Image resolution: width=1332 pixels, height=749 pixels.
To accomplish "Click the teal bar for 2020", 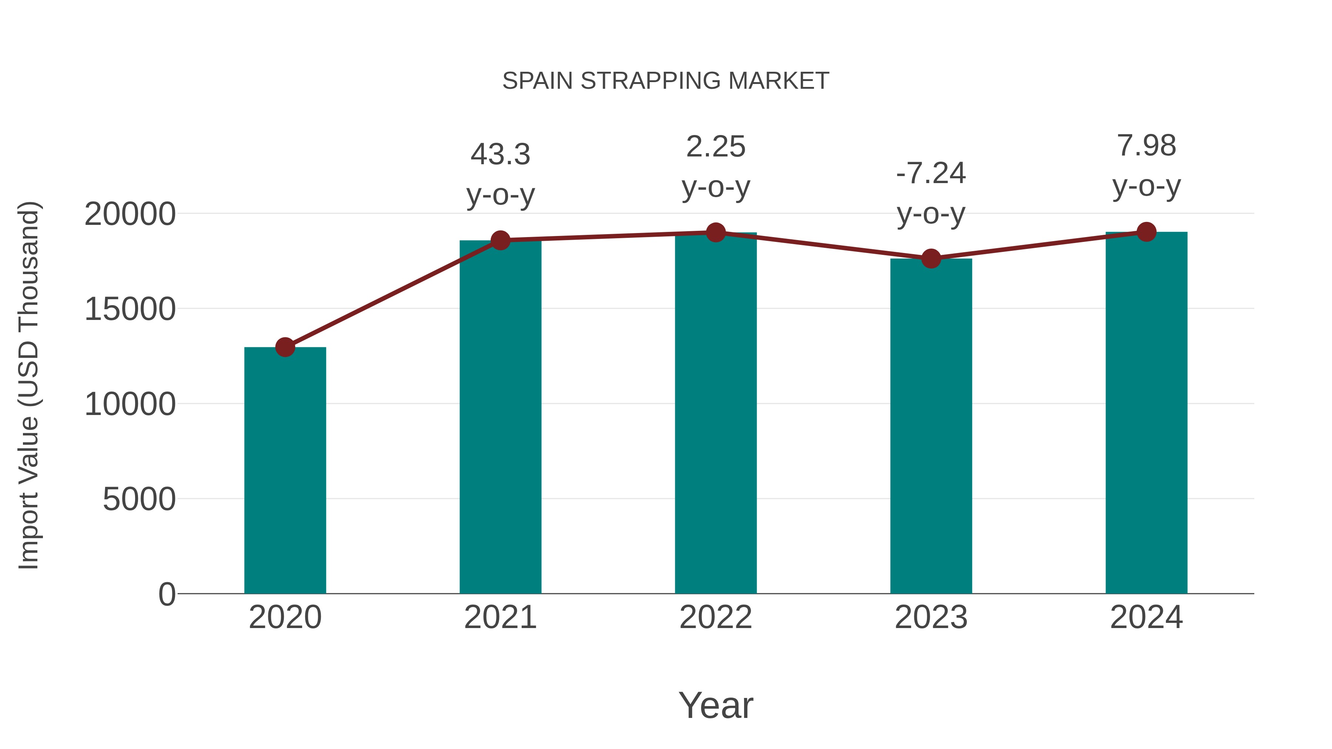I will point(285,470).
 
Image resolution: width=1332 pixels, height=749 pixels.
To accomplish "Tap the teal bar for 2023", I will point(931,426).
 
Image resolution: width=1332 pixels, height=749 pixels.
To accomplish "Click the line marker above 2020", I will point(285,347).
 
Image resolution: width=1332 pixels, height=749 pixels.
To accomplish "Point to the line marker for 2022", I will point(716,233).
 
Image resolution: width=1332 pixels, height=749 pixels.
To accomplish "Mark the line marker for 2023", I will point(931,259).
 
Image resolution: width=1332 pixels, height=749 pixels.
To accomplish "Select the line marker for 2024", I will point(1146,232).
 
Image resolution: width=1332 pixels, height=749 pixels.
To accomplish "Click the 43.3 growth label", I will point(500,155).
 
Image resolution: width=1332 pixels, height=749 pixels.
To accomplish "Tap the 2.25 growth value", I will point(716,147).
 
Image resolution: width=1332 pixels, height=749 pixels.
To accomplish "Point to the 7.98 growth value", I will point(1146,146).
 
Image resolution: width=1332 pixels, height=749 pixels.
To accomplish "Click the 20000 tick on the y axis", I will point(130,214).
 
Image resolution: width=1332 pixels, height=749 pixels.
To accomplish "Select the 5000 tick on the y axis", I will point(139,499).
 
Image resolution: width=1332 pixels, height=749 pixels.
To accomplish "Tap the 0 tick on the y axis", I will point(167,594).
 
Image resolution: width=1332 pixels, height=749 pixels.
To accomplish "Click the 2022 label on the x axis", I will point(716,617).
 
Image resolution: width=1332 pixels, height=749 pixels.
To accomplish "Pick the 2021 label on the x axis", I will point(500,617).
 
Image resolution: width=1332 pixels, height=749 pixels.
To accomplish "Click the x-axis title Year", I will point(716,705).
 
